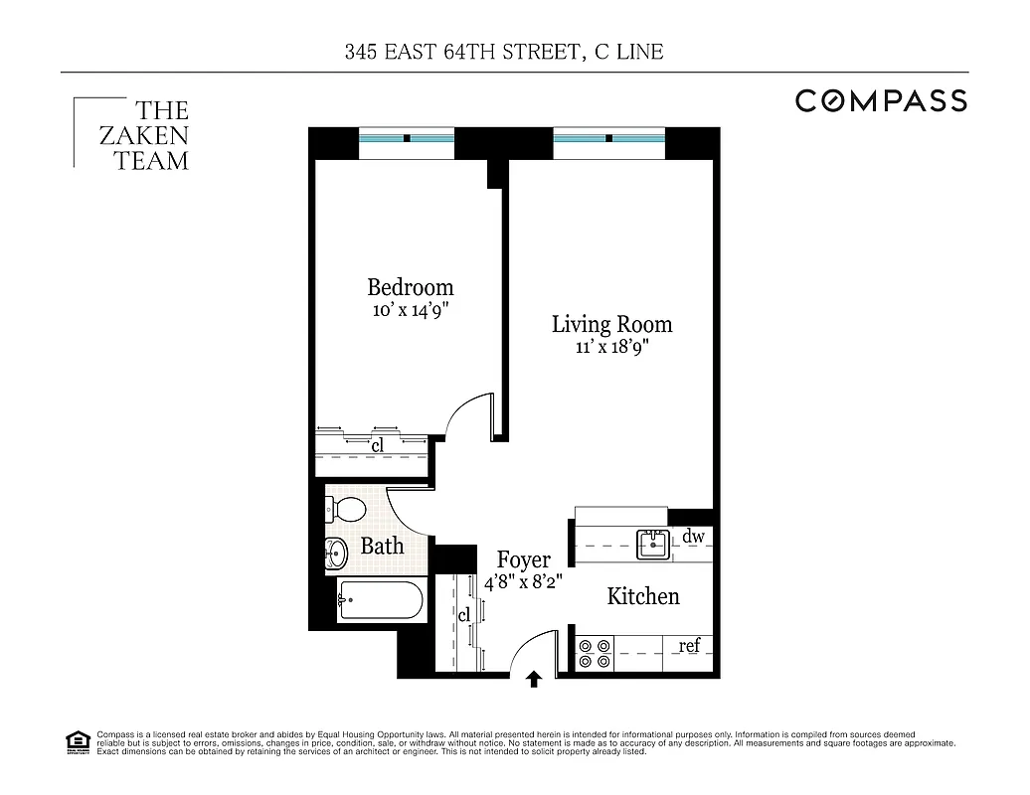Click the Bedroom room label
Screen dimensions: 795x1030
pos(410,287)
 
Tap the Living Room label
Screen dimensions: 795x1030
pos(611,324)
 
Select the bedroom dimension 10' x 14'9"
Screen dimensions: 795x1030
pos(410,309)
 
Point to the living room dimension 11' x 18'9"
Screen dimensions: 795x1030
pos(611,347)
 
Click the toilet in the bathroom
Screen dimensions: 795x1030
pos(346,508)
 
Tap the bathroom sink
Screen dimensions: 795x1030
pos(336,552)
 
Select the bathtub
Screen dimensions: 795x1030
pos(381,600)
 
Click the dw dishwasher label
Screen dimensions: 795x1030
pos(693,537)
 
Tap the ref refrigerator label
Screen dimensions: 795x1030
pos(689,646)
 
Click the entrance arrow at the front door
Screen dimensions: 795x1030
pos(534,680)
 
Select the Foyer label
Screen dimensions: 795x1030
pos(523,560)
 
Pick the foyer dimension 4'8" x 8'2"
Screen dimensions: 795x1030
pos(523,582)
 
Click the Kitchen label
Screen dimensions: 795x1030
pos(643,596)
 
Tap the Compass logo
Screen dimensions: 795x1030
pos(880,100)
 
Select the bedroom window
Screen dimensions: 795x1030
pos(406,138)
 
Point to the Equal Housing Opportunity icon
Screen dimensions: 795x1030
pos(77,742)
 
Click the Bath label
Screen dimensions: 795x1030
pos(382,546)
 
